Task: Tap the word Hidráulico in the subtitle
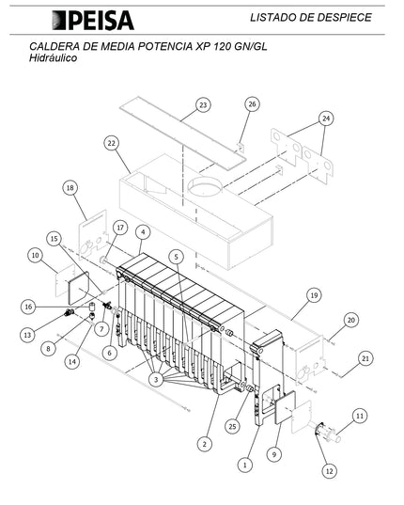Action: pos(54,58)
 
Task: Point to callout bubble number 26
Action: pos(252,104)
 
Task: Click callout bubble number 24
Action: pos(326,118)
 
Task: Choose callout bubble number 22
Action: pos(111,143)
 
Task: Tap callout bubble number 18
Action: pos(70,188)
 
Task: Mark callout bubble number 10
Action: pos(36,255)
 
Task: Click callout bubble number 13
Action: pos(28,335)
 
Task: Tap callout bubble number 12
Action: pos(329,470)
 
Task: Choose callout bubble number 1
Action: pos(246,464)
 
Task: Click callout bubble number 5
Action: pos(176,256)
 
